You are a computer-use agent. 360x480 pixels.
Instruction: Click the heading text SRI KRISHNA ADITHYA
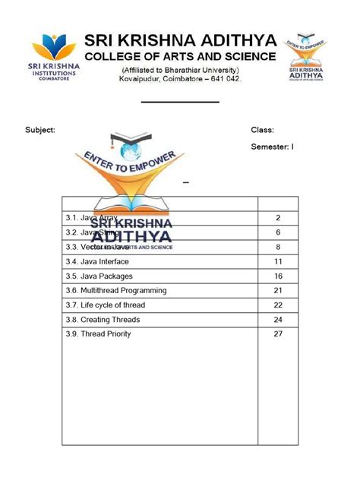click(181, 40)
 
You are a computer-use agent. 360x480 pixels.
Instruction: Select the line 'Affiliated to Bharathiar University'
click(180, 71)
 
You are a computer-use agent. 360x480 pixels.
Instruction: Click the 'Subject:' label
click(40, 130)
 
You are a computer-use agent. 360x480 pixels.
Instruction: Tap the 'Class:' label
click(262, 130)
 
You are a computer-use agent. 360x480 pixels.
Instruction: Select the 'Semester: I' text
click(272, 147)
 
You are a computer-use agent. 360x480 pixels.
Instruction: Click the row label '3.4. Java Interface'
click(98, 261)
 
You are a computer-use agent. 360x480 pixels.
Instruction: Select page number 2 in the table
click(278, 218)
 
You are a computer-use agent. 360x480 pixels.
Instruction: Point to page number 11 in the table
click(278, 261)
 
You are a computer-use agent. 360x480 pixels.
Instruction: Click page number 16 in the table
click(278, 276)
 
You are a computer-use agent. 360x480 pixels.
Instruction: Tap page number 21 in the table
click(278, 290)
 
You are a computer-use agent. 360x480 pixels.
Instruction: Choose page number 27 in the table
click(278, 334)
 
